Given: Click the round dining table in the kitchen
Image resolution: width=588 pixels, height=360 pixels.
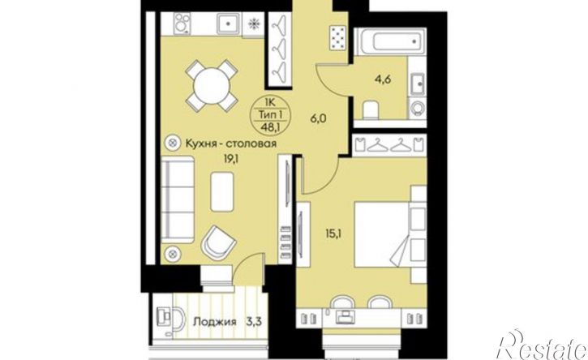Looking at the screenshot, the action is click(211, 86).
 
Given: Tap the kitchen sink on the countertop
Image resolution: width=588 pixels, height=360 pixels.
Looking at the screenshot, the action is click(228, 23).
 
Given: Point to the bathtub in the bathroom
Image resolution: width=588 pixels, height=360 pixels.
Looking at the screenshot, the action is click(394, 41).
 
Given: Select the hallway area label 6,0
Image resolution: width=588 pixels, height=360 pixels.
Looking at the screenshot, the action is click(320, 118).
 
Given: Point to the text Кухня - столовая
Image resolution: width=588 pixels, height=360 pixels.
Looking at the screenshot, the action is click(231, 143).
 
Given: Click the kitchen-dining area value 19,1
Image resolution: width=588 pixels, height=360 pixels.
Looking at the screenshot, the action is click(232, 159).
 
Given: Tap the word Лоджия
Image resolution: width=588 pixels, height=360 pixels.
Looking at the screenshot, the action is click(214, 322).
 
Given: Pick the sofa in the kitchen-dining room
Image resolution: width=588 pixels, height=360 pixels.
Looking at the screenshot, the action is click(178, 199).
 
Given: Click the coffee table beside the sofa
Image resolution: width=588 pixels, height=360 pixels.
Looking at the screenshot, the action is click(222, 191).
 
